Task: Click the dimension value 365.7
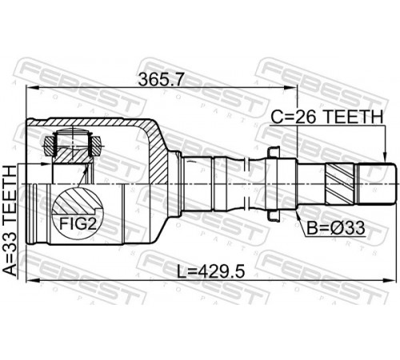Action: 162,79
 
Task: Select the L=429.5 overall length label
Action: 211,271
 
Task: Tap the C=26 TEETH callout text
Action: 326,117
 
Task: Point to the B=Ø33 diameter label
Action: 336,228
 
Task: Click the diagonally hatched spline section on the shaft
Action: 340,183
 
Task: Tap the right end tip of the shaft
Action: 394,184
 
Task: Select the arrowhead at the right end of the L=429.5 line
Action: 390,280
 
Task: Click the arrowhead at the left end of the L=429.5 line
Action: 33,280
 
